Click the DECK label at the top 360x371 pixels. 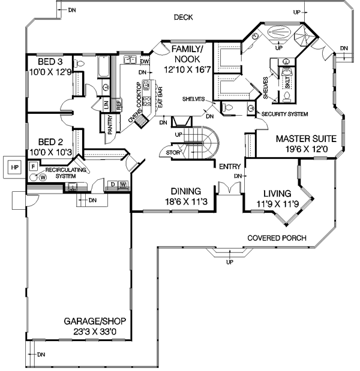184,17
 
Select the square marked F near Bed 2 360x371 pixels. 33,165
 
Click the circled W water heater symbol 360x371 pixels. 43,177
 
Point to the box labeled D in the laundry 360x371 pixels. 112,184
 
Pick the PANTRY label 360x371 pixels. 110,124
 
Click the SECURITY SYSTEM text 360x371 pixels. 285,114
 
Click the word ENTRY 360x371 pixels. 230,166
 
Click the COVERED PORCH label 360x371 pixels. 277,238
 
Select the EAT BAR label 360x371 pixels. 160,98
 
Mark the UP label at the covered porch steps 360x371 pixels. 229,263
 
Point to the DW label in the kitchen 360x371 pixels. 145,61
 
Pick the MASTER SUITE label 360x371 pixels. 307,138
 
